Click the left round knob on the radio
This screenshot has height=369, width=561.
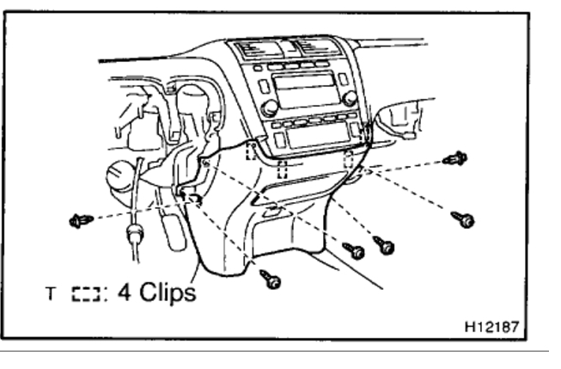point(270,108)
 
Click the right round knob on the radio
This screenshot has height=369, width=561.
point(349,98)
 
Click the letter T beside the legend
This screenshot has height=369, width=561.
point(51,293)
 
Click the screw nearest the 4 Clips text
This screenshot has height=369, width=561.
point(271,280)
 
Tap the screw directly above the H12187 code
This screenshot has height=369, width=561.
point(464,219)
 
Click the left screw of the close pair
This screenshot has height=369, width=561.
point(354,251)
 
